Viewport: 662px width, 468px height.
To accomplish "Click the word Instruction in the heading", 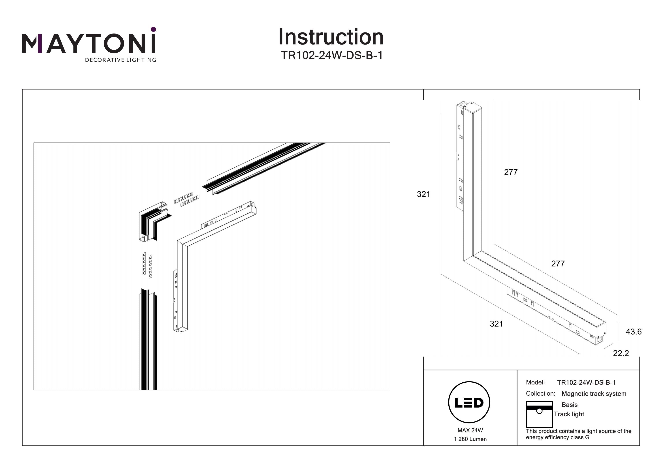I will pos(331,37).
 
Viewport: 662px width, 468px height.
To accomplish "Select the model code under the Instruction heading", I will pos(332,55).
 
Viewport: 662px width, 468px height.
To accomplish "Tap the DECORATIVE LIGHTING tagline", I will pos(120,60).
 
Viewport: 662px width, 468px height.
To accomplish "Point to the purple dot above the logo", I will pos(153,29).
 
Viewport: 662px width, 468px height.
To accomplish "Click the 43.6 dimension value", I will pos(634,332).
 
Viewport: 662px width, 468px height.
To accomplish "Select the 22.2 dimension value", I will pos(621,353).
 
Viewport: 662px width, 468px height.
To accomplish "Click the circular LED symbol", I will pos(469,402).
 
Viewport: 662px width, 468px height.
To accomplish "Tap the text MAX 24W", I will pos(470,430).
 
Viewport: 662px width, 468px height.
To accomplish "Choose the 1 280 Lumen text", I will pos(470,439).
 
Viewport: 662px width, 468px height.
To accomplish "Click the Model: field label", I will pos(535,382).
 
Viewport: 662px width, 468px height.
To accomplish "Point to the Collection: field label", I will pos(540,394).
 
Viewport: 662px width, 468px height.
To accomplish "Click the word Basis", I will pos(570,405).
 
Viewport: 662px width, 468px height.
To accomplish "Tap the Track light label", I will pos(569,414).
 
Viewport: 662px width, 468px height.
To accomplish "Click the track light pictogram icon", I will pos(539,414).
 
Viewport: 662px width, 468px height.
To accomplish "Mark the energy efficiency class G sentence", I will pos(578,434).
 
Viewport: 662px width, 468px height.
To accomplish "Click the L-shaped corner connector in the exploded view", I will pos(154,221).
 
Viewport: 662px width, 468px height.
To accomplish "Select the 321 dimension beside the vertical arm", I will pos(423,194).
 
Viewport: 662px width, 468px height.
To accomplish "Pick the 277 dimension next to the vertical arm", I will pos(511,172).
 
